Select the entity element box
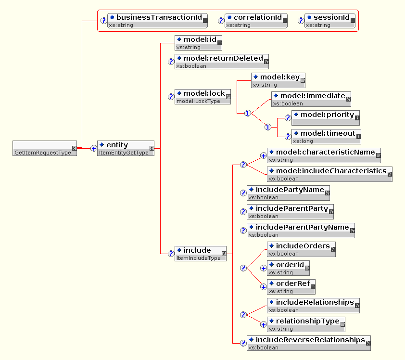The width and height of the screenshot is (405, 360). [126, 148]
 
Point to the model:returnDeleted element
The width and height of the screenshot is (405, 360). [222, 62]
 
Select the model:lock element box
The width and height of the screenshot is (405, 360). [202, 96]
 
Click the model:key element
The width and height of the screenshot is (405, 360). [278, 80]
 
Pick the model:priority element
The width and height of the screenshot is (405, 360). [326, 118]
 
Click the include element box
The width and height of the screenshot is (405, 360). [200, 254]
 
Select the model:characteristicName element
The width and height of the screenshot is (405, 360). [324, 155]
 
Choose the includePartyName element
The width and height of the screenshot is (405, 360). [288, 193]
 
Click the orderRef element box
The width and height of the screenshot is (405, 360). [291, 287]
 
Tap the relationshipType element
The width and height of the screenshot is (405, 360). [306, 324]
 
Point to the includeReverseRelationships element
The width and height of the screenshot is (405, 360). [309, 343]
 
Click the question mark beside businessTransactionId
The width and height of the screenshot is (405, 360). [103, 21]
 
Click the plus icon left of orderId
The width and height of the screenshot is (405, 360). [263, 269]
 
